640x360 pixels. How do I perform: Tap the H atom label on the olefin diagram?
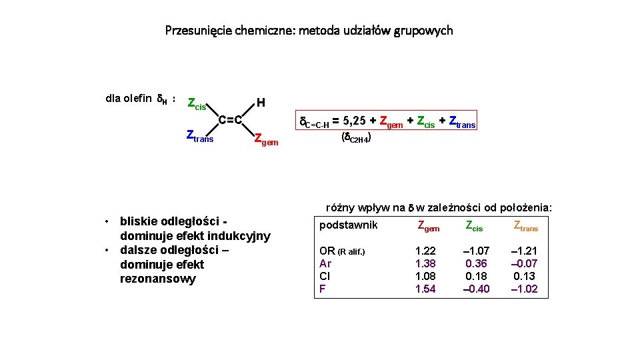pos(261,103)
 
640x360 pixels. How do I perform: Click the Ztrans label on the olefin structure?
pos(199,137)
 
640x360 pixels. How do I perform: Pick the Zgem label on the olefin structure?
pos(266,139)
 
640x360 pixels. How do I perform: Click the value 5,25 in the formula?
pos(357,121)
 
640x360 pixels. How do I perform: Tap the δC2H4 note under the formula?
pos(356,137)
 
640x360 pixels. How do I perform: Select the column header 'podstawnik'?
pos(348,225)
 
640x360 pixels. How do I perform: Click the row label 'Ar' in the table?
pos(325,263)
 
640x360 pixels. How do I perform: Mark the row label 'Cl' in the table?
pos(325,276)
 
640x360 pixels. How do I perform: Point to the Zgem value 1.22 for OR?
pos(425,251)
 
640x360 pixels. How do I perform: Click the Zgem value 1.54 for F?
pos(425,289)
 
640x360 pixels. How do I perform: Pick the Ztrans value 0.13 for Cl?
pos(524,276)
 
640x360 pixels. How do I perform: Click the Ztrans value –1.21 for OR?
pos(524,251)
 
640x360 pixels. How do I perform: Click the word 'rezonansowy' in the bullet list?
pos(158,279)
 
